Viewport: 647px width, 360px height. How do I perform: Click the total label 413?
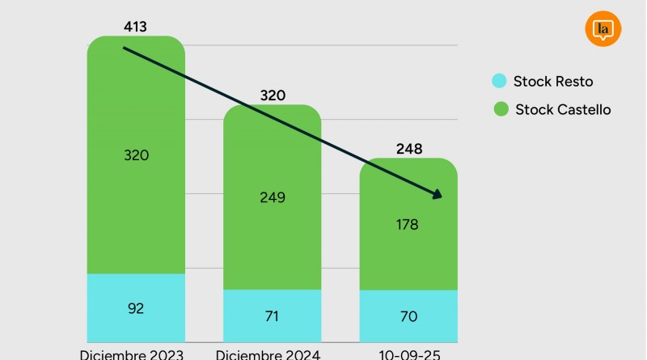136,28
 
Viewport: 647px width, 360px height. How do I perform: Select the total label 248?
408,149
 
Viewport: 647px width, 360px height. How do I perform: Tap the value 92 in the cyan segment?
136,307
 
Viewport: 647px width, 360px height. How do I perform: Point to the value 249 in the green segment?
273,197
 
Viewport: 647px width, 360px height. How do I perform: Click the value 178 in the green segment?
408,225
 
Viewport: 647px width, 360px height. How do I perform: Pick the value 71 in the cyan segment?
273,316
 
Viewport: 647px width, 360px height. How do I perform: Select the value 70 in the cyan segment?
408,316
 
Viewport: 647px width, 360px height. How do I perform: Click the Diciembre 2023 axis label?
133,354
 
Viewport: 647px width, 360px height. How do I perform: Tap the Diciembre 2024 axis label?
269,354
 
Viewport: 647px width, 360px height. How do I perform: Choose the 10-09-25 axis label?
408,354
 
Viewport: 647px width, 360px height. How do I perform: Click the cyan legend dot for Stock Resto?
499,81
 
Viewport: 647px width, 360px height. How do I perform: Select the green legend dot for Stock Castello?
499,109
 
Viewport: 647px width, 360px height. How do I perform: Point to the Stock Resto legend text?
553,81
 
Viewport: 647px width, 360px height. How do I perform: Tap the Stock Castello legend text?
563,109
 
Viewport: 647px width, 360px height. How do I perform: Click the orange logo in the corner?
601,29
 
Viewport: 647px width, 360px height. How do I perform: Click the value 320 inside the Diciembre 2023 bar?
136,155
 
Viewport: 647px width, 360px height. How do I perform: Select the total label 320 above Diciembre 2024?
273,95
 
